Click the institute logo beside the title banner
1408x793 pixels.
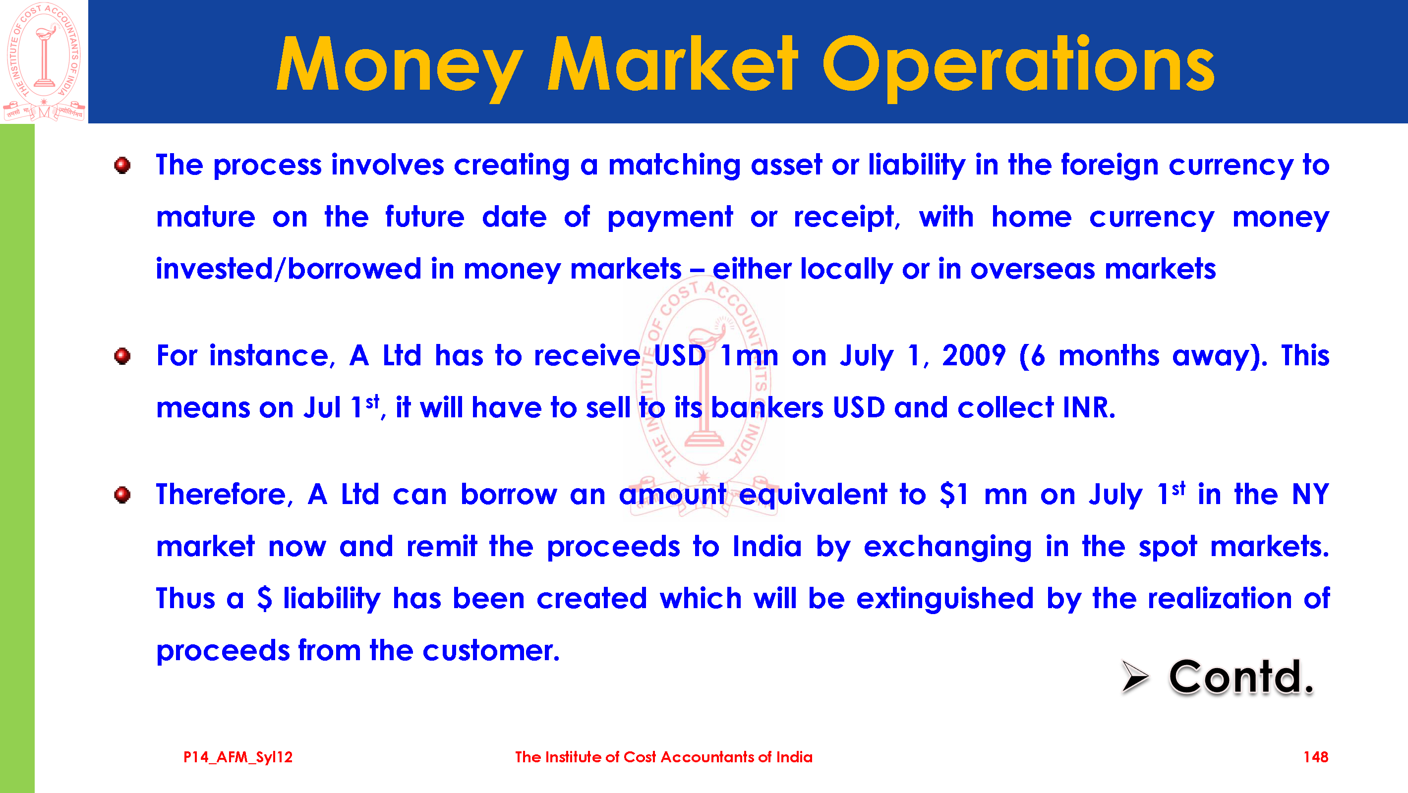point(44,61)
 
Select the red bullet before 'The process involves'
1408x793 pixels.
point(122,165)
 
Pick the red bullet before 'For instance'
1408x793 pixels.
point(122,356)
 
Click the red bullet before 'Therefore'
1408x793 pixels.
point(122,495)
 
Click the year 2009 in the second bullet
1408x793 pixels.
point(974,356)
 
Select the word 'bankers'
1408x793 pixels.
point(767,408)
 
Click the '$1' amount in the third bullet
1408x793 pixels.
point(954,494)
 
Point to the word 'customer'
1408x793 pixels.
point(491,651)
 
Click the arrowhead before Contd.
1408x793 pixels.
point(1135,676)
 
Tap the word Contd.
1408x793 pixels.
point(1241,677)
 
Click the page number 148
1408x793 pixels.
point(1316,757)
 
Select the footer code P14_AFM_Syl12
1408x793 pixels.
point(238,757)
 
